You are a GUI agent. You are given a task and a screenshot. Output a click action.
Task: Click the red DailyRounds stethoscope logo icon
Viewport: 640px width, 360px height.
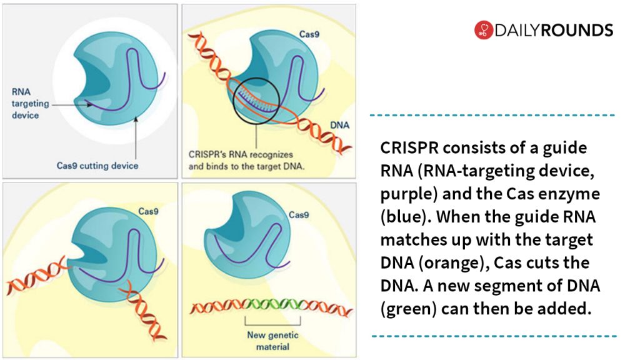[484, 30]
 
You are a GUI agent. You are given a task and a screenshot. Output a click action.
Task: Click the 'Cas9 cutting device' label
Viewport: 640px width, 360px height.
[97, 166]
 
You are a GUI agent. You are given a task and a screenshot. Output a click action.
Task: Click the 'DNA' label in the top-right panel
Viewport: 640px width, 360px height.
[339, 125]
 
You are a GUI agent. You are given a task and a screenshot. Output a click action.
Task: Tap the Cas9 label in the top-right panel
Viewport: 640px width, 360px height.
[309, 34]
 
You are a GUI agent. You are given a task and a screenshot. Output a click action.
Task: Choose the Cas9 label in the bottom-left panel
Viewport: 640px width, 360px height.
[148, 211]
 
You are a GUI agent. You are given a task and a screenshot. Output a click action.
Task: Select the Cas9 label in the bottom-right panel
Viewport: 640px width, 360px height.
[299, 215]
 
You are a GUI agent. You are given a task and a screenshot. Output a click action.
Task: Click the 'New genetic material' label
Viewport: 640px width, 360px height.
[272, 341]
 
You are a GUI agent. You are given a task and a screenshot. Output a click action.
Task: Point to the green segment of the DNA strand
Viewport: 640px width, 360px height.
[272, 305]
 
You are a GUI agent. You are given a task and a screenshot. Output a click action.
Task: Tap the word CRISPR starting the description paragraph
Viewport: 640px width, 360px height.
[409, 147]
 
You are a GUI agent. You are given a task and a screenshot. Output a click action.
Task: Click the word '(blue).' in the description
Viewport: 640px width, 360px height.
[406, 217]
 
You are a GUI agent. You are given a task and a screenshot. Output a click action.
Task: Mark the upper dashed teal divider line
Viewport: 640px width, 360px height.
[492, 116]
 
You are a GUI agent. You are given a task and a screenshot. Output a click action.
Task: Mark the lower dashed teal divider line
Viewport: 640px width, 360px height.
[494, 336]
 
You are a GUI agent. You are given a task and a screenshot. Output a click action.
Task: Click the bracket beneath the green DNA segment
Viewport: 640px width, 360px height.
[272, 324]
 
